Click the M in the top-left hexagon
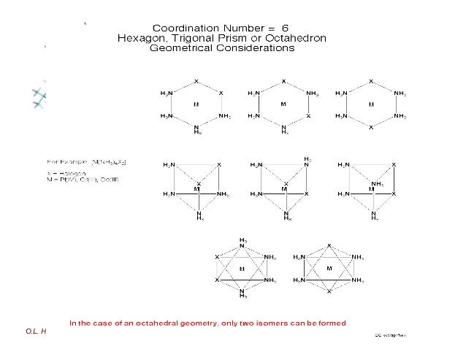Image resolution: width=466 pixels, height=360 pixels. click(x=196, y=104)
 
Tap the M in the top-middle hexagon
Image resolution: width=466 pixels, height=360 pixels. click(x=283, y=104)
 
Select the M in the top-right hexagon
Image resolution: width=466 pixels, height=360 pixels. click(x=371, y=104)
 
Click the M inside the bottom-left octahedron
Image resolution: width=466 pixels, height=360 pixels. click(x=242, y=269)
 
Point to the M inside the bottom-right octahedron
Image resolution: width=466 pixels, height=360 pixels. click(x=329, y=269)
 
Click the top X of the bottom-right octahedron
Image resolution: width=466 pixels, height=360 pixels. click(x=329, y=245)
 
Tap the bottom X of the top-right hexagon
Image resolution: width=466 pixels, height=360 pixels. click(x=371, y=127)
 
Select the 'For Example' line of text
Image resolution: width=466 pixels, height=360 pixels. click(x=87, y=160)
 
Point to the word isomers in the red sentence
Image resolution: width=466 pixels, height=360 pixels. click(x=280, y=322)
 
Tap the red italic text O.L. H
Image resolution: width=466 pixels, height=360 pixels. click(x=36, y=331)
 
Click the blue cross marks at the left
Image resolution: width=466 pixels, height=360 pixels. click(x=39, y=96)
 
